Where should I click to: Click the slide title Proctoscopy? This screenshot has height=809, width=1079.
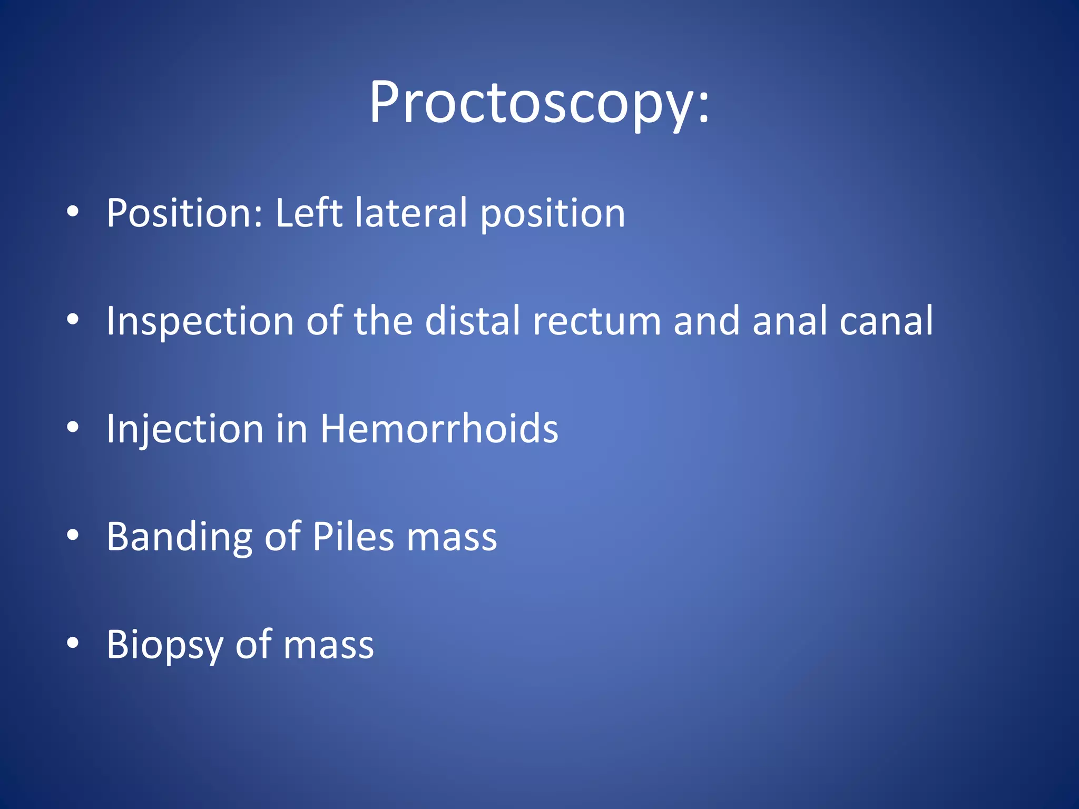point(539,103)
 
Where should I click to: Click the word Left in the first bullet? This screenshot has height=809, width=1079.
point(309,213)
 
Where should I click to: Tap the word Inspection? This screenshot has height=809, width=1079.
point(200,321)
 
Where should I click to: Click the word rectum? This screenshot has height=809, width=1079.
point(597,321)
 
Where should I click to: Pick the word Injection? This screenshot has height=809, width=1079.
point(185,429)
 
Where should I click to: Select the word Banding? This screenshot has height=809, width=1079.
point(180,537)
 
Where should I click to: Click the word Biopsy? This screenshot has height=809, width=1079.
point(165,645)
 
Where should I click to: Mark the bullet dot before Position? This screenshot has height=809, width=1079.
point(73,212)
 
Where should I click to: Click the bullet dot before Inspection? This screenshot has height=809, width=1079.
point(73,319)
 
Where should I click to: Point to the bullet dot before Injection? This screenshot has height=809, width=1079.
point(73,427)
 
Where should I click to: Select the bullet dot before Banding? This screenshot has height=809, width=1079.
point(73,535)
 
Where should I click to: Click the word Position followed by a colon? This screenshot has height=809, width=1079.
point(184,213)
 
